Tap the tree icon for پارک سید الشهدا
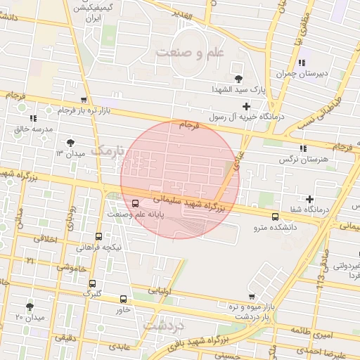[238, 77]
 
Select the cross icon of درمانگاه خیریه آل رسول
[245, 105]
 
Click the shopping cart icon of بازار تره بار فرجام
[84, 100]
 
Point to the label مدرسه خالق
[34, 130]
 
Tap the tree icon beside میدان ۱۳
[70, 143]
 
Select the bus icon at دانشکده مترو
[275, 217]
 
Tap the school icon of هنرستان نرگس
[303, 148]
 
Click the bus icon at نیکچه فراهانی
[98, 237]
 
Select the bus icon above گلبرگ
[92, 283]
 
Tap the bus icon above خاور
[124, 299]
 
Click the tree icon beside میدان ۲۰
[30, 307]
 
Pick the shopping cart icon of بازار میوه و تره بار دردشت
[252, 297]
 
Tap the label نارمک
[107, 150]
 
